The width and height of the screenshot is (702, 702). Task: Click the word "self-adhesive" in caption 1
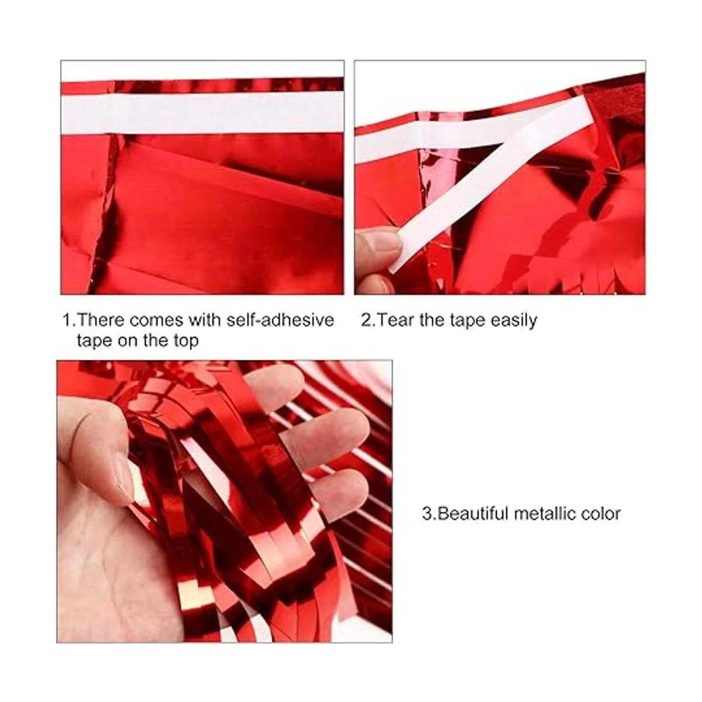[280, 320]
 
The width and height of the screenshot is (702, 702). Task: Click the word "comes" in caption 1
[157, 321]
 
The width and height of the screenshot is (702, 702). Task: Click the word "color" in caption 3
[601, 514]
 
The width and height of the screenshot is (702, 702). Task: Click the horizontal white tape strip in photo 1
[202, 113]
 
